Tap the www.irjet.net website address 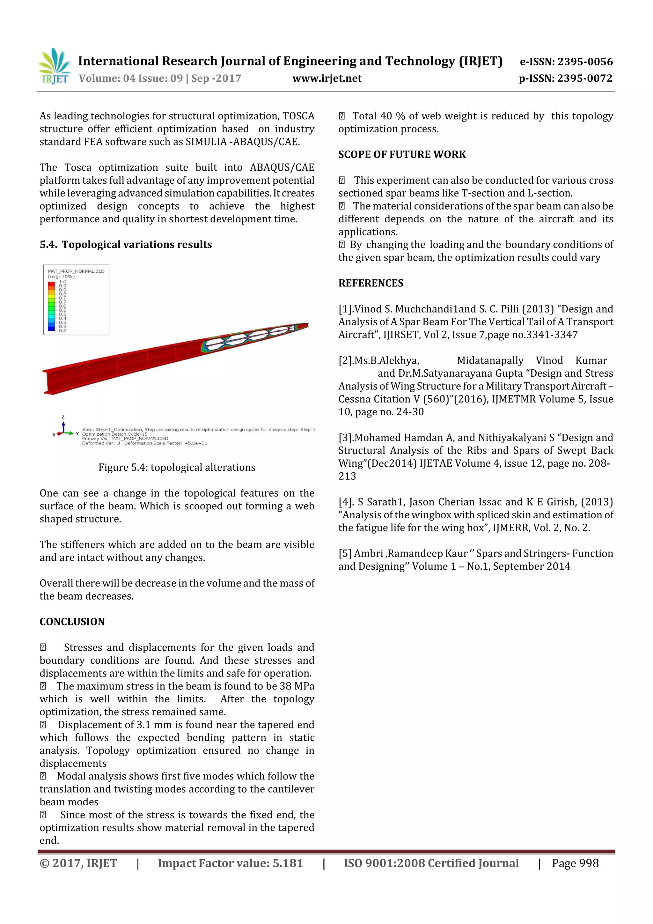[327, 78]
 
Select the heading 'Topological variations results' [137, 244]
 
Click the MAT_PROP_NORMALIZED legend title [76, 271]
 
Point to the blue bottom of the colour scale [52, 328]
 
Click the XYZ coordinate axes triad [63, 428]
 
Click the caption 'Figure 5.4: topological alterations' [177, 467]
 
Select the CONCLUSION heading [72, 621]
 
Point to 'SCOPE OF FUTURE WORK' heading [402, 155]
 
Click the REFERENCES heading [371, 283]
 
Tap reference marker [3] [346, 438]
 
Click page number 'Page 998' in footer [575, 863]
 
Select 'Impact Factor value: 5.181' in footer [230, 863]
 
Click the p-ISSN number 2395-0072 [584, 78]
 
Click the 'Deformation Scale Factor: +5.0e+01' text [165, 443]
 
